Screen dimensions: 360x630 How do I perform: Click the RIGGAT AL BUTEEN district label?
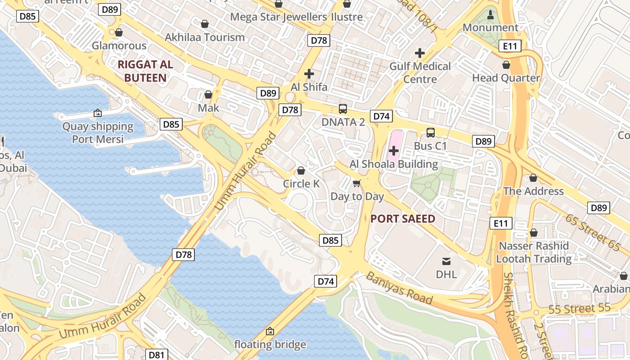pos(145,71)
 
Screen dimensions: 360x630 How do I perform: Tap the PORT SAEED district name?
pos(403,219)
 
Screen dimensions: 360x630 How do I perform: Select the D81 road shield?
pos(156,355)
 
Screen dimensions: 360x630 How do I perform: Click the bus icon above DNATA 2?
pos(343,108)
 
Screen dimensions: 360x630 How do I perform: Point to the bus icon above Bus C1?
pos(431,133)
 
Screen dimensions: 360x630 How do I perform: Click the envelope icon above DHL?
pos(446,261)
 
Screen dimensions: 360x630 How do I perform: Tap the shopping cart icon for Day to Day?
pos(357,183)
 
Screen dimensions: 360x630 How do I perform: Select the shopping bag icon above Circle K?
pos(301,171)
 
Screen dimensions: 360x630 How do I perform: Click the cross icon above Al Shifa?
pos(309,73)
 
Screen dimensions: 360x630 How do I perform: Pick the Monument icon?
pos(490,14)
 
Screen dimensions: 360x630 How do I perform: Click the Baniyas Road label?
pos(399,288)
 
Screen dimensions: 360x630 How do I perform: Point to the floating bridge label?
pos(270,345)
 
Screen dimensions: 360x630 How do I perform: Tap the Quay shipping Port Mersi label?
pos(98,133)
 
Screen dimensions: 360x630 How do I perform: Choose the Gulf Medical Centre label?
pos(420,73)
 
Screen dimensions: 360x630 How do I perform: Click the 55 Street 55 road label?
pos(580,310)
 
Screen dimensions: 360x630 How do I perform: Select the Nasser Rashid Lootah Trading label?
pos(534,252)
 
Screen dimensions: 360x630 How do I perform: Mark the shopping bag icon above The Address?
pos(533,178)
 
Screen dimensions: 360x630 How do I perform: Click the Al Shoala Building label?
pos(394,164)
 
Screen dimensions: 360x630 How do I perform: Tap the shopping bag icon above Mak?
pos(208,94)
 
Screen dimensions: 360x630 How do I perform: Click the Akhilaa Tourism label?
pos(205,37)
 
